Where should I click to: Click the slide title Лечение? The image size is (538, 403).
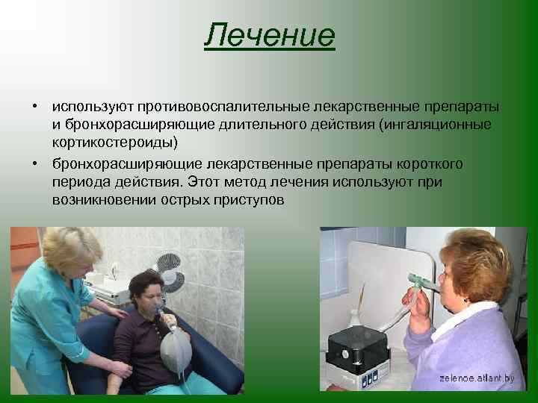pos(269,36)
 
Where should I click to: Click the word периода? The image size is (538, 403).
pos(83,181)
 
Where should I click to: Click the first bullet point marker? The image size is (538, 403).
pos(35,107)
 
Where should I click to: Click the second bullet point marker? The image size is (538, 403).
pos(35,163)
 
